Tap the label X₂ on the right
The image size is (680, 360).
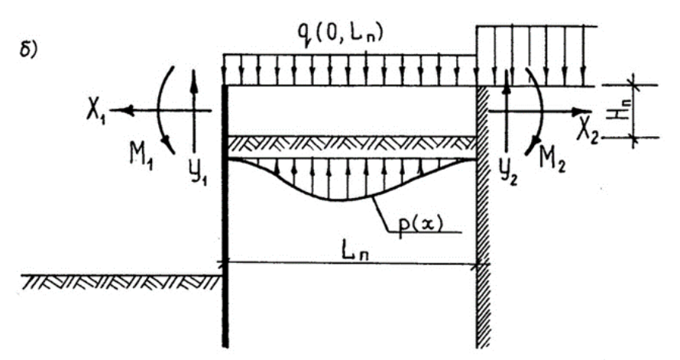coord(588,131)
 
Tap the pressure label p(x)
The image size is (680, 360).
coord(419,225)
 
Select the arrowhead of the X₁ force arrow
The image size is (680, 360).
coord(123,110)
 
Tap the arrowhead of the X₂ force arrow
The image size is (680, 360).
coord(581,112)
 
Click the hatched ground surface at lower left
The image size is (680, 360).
coord(121,282)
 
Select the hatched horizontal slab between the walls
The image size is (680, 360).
coord(352,144)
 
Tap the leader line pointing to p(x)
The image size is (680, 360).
coord(412,221)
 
